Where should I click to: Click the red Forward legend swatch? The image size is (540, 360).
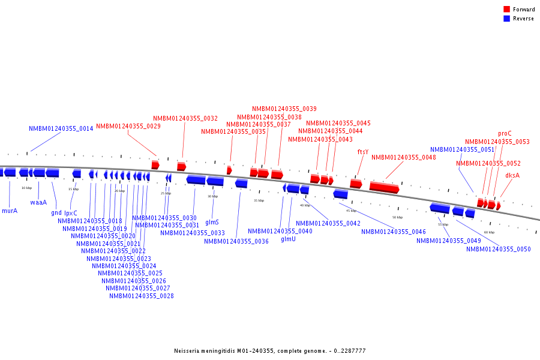click(506, 10)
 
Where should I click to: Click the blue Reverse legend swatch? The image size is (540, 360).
click(506, 19)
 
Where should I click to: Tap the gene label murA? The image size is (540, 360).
click(10, 211)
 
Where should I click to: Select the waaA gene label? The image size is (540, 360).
click(38, 202)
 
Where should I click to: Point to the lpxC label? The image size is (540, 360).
click(71, 212)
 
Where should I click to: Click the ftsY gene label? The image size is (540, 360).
click(363, 152)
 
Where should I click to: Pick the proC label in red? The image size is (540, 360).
click(505, 134)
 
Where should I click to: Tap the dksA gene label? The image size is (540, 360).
click(512, 175)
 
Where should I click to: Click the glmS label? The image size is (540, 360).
click(212, 222)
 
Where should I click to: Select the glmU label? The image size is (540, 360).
click(288, 239)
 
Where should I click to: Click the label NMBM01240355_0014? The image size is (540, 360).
click(61, 128)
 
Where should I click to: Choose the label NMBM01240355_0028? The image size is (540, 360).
click(142, 295)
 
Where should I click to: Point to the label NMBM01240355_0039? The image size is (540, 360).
click(284, 109)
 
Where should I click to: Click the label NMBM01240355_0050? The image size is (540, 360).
click(499, 249)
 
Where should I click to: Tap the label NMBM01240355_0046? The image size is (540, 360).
click(394, 232)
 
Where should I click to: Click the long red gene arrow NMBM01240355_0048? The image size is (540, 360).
click(384, 187)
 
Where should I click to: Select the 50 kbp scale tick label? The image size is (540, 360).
click(397, 217)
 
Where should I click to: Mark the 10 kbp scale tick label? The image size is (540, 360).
click(26, 188)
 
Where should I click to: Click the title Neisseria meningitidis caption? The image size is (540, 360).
click(270, 351)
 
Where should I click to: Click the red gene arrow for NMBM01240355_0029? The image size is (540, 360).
click(155, 164)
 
